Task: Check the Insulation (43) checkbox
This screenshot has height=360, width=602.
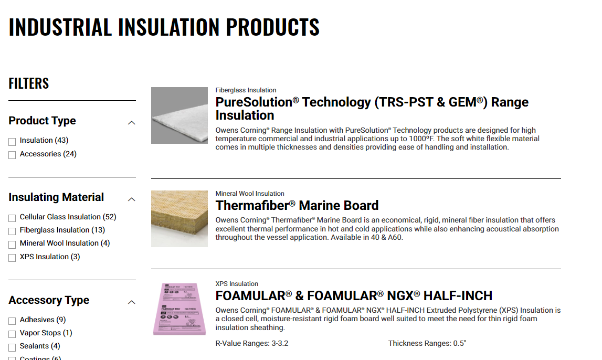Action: click(12, 142)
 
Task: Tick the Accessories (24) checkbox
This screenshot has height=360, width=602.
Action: click(12, 155)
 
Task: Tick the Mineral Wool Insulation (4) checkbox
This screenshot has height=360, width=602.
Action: click(12, 245)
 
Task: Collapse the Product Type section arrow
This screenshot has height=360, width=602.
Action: click(132, 123)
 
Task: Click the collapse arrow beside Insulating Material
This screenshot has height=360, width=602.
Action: click(132, 199)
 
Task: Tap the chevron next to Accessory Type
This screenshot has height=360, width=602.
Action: click(132, 302)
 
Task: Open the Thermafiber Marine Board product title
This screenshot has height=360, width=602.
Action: click(297, 205)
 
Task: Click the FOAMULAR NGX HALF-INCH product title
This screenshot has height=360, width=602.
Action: click(354, 295)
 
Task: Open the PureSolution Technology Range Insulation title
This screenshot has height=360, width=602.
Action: click(372, 108)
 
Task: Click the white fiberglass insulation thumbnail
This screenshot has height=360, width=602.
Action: click(179, 115)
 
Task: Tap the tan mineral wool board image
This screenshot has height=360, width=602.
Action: click(179, 218)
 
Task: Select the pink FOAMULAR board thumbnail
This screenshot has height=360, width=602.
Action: click(179, 309)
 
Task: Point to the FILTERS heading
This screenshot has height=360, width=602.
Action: click(29, 83)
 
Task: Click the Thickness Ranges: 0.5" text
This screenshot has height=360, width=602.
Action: click(427, 343)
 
